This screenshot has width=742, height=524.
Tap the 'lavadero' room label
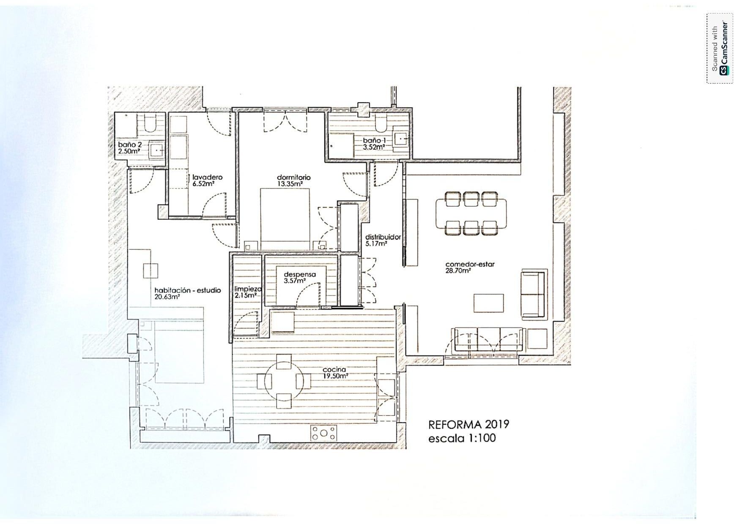pyautogui.click(x=207, y=177)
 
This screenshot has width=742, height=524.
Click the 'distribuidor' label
pyautogui.click(x=383, y=237)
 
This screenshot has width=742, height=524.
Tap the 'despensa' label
pyautogui.click(x=299, y=274)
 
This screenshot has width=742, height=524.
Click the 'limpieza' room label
pyautogui.click(x=248, y=289)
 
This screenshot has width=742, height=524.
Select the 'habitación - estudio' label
pyautogui.click(x=187, y=291)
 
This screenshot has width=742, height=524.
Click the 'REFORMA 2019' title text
pyautogui.click(x=468, y=424)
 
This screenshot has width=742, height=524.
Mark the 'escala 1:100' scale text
pyautogui.click(x=462, y=438)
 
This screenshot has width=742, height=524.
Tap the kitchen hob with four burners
pyautogui.click(x=324, y=433)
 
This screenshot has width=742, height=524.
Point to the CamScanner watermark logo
pyautogui.click(x=719, y=48)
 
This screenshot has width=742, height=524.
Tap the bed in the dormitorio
pyautogui.click(x=285, y=219)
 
